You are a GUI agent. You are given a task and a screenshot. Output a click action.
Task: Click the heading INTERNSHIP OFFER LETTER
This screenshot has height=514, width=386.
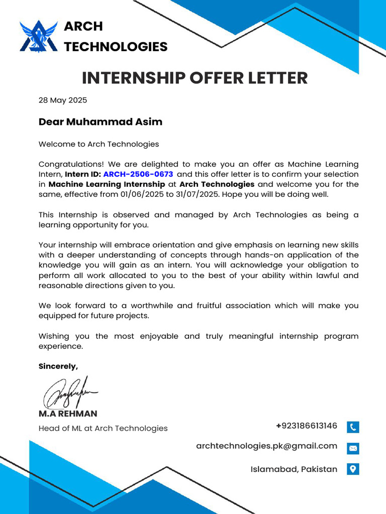click(x=195, y=78)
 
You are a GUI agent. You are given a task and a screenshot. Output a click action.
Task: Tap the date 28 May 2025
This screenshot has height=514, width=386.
click(x=63, y=100)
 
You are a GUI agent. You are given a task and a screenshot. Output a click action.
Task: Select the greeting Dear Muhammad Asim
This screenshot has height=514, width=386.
click(x=101, y=122)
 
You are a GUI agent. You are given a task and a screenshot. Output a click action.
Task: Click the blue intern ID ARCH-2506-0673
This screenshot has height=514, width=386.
click(x=138, y=174)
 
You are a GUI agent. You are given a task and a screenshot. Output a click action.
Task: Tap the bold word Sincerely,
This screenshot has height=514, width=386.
click(x=58, y=366)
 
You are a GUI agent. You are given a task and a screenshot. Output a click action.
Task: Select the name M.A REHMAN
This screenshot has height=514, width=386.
click(x=68, y=414)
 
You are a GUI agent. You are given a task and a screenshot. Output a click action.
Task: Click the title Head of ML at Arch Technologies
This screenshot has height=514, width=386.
click(x=103, y=428)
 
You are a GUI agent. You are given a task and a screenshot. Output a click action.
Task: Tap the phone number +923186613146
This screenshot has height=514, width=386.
click(x=307, y=426)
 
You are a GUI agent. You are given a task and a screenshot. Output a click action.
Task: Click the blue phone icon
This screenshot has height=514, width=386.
click(x=353, y=427)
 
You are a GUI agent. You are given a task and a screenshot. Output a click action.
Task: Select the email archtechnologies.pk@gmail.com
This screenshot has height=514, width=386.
click(x=266, y=446)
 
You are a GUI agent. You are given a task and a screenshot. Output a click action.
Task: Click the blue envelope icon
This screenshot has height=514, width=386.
click(x=353, y=448)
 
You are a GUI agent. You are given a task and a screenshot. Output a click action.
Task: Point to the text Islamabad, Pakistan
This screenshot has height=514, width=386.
click(x=294, y=469)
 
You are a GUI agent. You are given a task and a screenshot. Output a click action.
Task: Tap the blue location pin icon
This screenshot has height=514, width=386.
click(x=353, y=469)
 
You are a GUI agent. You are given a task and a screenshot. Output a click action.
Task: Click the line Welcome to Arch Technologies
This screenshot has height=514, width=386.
click(x=99, y=144)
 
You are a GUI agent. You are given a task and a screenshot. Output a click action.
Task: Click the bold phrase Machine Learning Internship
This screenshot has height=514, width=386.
click(x=107, y=184)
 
